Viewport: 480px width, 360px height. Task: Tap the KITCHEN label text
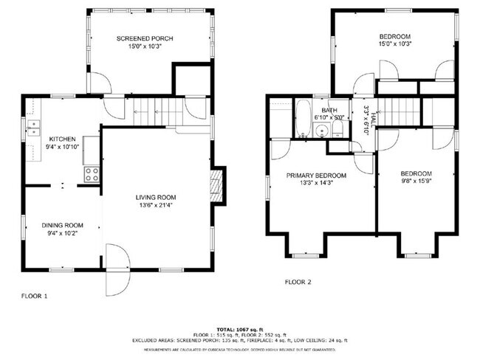click(x=62, y=139)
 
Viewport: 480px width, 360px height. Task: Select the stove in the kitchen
click(x=92, y=175)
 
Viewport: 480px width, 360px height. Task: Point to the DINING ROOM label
click(x=62, y=225)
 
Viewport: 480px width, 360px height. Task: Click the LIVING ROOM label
click(x=155, y=197)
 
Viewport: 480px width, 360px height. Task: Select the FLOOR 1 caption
click(x=35, y=296)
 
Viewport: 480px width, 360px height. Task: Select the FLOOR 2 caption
click(x=298, y=282)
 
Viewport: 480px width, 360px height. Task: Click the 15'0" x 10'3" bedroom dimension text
click(x=395, y=44)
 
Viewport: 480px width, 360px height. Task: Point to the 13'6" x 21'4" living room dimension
click(x=155, y=206)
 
